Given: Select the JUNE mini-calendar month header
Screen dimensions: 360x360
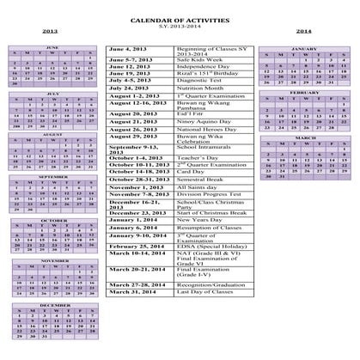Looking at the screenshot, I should (x=51, y=71).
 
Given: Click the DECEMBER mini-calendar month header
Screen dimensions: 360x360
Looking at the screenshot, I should (x=54, y=305).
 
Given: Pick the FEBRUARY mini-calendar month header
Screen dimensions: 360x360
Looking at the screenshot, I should (x=304, y=92).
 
